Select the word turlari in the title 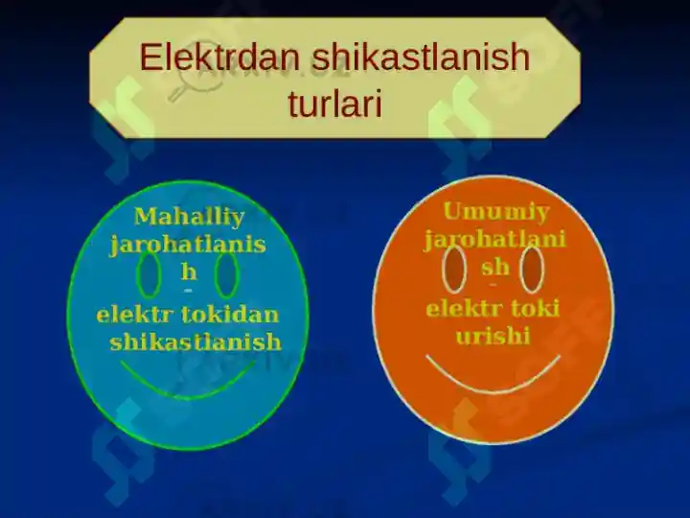click(334, 104)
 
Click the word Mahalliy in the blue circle click(189, 217)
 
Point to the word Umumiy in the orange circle click(495, 212)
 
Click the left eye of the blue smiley click(149, 275)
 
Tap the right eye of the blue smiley click(226, 275)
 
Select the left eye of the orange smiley click(454, 270)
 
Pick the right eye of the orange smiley click(532, 270)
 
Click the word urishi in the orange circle click(493, 338)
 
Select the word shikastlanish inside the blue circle click(195, 342)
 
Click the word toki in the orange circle click(535, 309)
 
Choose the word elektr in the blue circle click(135, 315)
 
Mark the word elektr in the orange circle click(464, 309)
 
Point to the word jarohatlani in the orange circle click(494, 239)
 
